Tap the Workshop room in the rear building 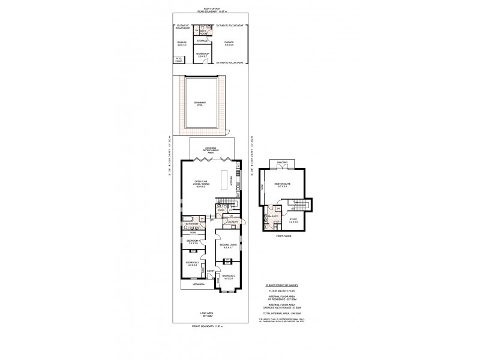[x=202, y=55]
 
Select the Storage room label [x=202, y=41]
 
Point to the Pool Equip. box [x=179, y=59]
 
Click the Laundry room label [x=233, y=221]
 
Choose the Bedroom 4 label [x=193, y=242]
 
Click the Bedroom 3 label [x=192, y=263]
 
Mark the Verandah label [x=190, y=286]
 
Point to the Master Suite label [x=282, y=184]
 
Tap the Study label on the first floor [x=293, y=220]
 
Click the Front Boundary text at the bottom [x=206, y=326]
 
